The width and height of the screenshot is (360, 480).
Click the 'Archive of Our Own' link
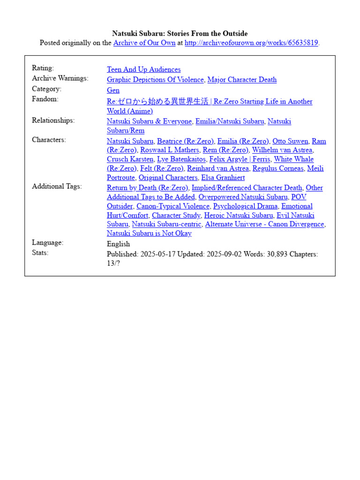pyautogui.click(x=144, y=43)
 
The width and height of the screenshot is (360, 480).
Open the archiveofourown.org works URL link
pyautogui.click(x=251, y=43)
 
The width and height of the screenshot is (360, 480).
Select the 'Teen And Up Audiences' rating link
pyautogui.click(x=143, y=69)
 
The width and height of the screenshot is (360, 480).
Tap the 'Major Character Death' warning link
pyautogui.click(x=242, y=80)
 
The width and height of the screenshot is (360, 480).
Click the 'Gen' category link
pyautogui.click(x=113, y=90)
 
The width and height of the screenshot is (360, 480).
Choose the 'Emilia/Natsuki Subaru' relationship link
pyautogui.click(x=230, y=121)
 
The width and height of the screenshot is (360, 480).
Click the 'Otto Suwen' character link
pyautogui.click(x=290, y=141)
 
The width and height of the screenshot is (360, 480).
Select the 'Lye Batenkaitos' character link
pyautogui.click(x=181, y=159)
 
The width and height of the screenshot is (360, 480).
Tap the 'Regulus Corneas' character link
pyautogui.click(x=278, y=168)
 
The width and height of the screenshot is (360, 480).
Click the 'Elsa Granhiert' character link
pyautogui.click(x=223, y=178)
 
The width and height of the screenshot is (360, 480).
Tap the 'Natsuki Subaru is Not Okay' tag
pyautogui.click(x=149, y=233)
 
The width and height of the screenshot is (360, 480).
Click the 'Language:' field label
pyautogui.click(x=47, y=242)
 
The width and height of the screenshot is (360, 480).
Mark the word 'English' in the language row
pyautogui.click(x=119, y=244)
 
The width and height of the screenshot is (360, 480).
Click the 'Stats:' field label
pyautogui.click(x=40, y=253)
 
